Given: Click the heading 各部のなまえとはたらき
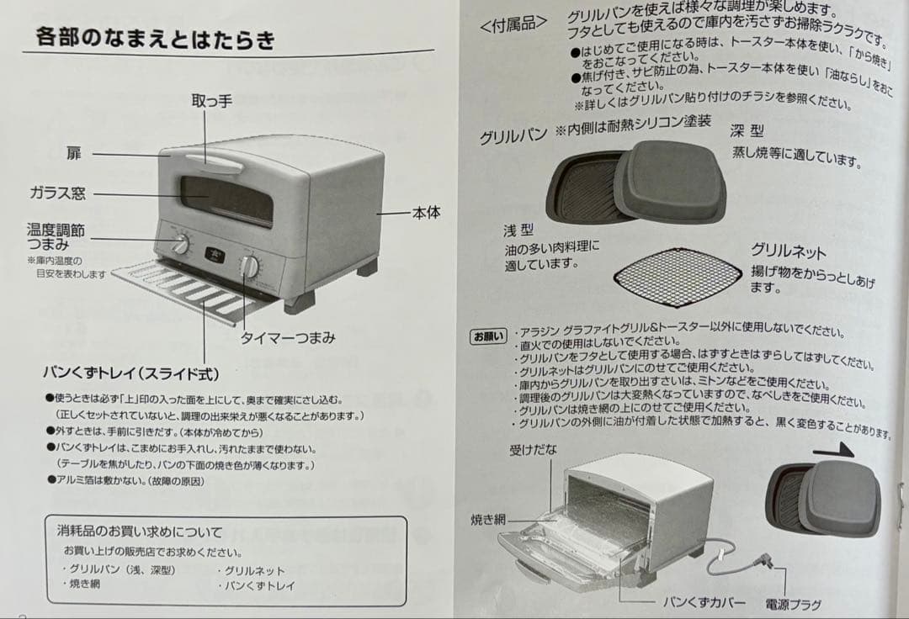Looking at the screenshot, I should (156, 39).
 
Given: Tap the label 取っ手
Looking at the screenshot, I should (211, 102).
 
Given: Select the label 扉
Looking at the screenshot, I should (75, 153).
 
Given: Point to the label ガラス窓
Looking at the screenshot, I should (57, 193).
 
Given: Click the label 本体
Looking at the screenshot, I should (426, 213).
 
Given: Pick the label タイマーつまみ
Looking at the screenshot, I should (288, 338).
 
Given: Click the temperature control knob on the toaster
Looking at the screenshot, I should (181, 245).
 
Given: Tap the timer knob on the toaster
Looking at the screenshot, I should (249, 266).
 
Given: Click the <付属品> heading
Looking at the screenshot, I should (513, 25).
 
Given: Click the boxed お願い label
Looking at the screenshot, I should (488, 336).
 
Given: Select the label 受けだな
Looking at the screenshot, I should (533, 450).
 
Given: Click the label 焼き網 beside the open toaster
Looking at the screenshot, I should (488, 521).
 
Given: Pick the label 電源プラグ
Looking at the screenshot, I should (793, 604).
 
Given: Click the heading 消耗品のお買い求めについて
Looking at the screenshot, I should (140, 532).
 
